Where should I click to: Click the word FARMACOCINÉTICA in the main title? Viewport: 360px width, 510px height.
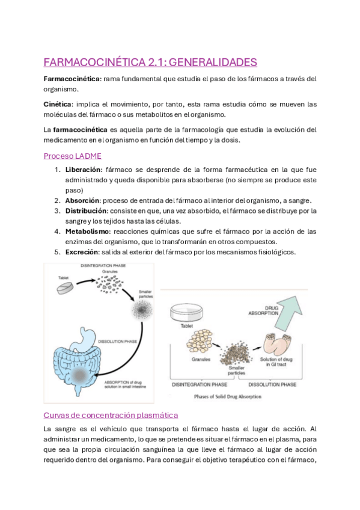tap(90, 62)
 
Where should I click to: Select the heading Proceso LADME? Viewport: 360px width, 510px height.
tap(68, 155)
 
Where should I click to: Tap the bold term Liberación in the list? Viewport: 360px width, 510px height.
tap(84, 169)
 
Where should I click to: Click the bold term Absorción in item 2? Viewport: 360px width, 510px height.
tap(83, 200)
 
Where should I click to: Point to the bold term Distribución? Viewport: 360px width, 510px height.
tap(86, 210)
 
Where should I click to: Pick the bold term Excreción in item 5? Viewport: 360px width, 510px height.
tap(84, 251)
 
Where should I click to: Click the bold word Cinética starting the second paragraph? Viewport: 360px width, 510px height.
tap(58, 103)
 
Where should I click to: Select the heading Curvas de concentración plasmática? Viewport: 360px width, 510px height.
tap(111, 415)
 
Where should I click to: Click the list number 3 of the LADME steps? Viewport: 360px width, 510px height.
tap(56, 210)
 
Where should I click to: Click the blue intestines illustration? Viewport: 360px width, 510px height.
tap(84, 364)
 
